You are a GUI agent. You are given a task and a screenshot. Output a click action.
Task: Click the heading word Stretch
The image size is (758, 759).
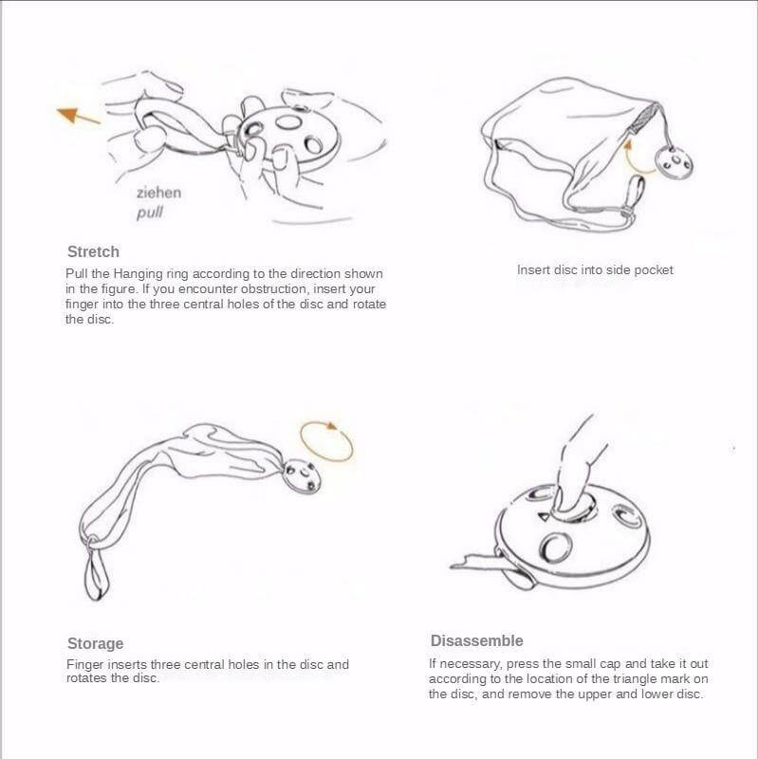point(93,252)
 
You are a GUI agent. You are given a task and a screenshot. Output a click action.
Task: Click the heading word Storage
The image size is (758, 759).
point(95,643)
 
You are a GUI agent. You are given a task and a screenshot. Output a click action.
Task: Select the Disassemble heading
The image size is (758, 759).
point(476,641)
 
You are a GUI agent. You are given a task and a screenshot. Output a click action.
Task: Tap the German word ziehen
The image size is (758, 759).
point(158,193)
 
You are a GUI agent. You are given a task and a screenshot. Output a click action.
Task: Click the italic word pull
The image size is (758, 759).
point(150,213)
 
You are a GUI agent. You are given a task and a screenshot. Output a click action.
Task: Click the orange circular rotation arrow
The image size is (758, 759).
point(326,441)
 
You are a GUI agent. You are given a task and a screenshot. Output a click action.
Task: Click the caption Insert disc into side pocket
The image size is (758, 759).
point(595,270)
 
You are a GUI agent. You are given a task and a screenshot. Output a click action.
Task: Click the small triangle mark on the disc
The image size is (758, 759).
point(544,517)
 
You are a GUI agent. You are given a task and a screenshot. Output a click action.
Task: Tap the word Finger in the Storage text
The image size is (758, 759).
point(85,665)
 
